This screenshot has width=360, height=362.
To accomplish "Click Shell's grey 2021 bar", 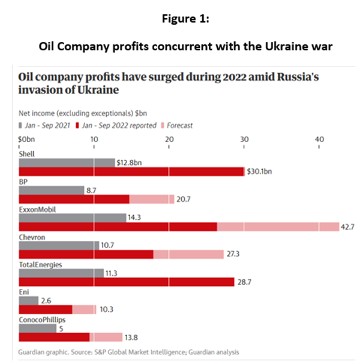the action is [67, 163].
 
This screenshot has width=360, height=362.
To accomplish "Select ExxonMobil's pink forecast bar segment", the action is [278, 227].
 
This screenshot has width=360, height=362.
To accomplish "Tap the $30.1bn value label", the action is [259, 171].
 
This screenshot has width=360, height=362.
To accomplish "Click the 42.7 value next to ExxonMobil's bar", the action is [347, 227].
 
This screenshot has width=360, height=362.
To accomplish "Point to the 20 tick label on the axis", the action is [169, 139].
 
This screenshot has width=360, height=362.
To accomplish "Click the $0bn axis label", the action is [26, 139].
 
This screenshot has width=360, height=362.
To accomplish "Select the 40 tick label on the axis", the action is [319, 139].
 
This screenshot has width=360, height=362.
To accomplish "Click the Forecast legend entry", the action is [177, 125].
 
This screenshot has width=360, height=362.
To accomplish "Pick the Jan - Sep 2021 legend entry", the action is [44, 125].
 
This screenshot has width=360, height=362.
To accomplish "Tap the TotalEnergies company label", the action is [40, 264].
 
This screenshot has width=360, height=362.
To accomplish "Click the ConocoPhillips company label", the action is [42, 320].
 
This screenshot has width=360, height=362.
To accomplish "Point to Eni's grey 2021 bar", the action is [29, 301].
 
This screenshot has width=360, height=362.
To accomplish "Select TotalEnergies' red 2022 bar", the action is [127, 282].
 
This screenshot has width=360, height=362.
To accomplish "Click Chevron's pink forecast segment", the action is [188, 254].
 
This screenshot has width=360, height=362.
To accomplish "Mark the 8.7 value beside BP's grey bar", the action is [91, 191].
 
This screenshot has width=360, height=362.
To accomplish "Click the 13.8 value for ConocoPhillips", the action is [131, 337].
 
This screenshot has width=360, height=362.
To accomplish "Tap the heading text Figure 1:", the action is [185, 19].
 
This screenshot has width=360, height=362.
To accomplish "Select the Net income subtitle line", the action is [83, 113].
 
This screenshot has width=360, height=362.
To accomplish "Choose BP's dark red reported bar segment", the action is [74, 199].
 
